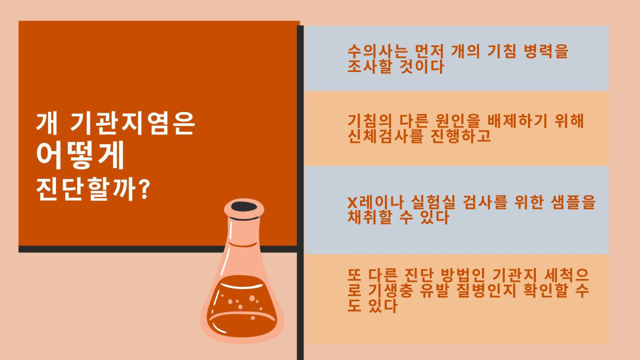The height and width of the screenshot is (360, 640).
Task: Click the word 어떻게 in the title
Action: (x=81, y=155)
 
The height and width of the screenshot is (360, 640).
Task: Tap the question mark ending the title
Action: (x=146, y=189)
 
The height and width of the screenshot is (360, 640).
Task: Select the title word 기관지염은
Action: (x=132, y=123)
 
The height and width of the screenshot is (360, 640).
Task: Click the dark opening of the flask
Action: (x=244, y=206)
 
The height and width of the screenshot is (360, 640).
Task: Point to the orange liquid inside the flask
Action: (x=242, y=306)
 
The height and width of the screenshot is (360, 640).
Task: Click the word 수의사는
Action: (x=377, y=51)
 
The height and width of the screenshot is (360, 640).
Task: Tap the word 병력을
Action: (x=546, y=51)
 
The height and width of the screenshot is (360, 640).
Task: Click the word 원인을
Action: (x=458, y=121)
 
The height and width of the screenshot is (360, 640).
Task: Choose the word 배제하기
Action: (x=517, y=121)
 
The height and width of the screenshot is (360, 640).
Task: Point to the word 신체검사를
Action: (x=385, y=136)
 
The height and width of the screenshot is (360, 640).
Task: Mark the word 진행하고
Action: (x=461, y=136)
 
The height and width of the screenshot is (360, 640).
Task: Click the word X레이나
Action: (x=375, y=202)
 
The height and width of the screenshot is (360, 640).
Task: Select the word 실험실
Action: (x=433, y=202)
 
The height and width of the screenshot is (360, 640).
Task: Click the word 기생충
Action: (x=390, y=291)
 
